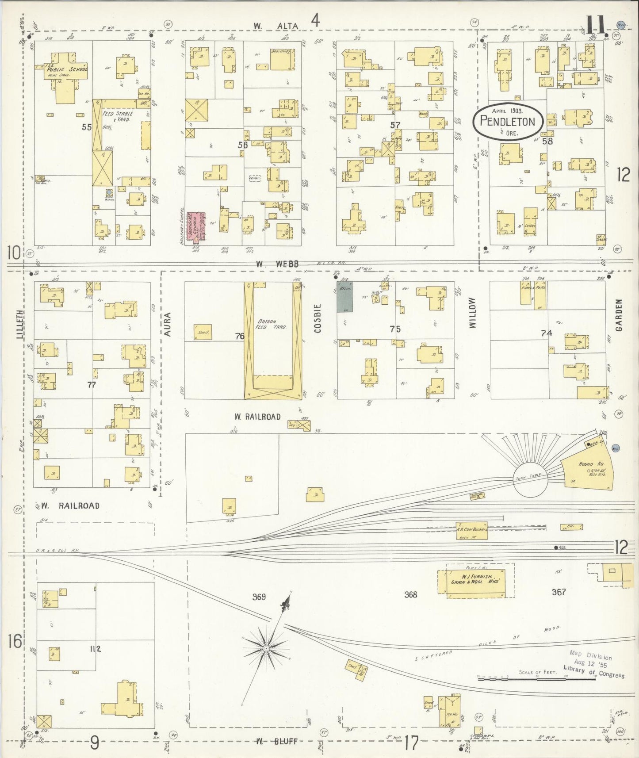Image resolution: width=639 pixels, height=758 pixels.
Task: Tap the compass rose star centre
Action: click(266, 649)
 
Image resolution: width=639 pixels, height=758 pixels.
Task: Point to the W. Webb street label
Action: click(277, 264)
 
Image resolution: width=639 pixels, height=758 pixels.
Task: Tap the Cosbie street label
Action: click(318, 318)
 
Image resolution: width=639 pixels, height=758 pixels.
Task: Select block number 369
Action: click(259, 597)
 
